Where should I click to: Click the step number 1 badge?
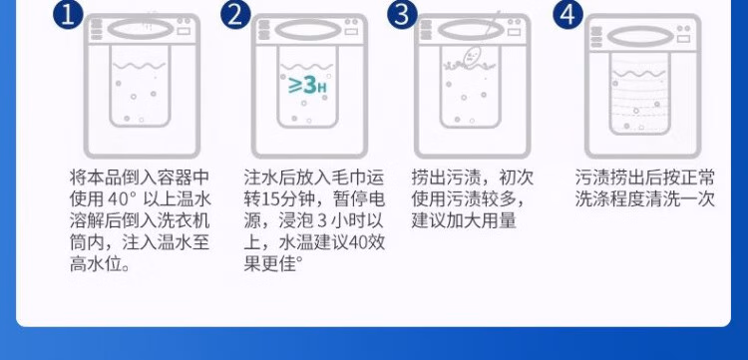coord(68,14)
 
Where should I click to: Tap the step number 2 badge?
coord(235,14)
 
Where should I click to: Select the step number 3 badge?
coord(402,14)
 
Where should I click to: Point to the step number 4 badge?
coord(568,14)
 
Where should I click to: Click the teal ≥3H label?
coord(308,85)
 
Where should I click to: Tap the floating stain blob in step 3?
coord(471,57)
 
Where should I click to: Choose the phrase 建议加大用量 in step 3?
coord(464,221)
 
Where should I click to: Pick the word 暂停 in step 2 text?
coord(351,199)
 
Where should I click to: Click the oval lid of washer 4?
coord(640,36)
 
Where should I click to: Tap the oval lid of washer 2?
coord(308,30)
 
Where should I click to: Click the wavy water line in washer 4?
coord(638,74)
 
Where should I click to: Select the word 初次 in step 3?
coord(517,178)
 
